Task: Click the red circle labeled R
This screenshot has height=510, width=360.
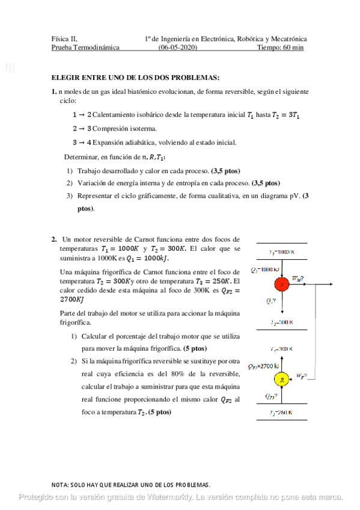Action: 281,283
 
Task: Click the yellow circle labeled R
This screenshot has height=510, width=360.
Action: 281,379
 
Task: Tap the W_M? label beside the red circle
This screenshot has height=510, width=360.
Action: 297,278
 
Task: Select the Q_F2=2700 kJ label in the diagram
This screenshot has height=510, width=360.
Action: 261,365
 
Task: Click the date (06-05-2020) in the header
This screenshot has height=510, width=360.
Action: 177,48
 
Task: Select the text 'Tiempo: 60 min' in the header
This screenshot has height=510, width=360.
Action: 280,48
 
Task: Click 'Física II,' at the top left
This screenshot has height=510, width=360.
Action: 64,38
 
